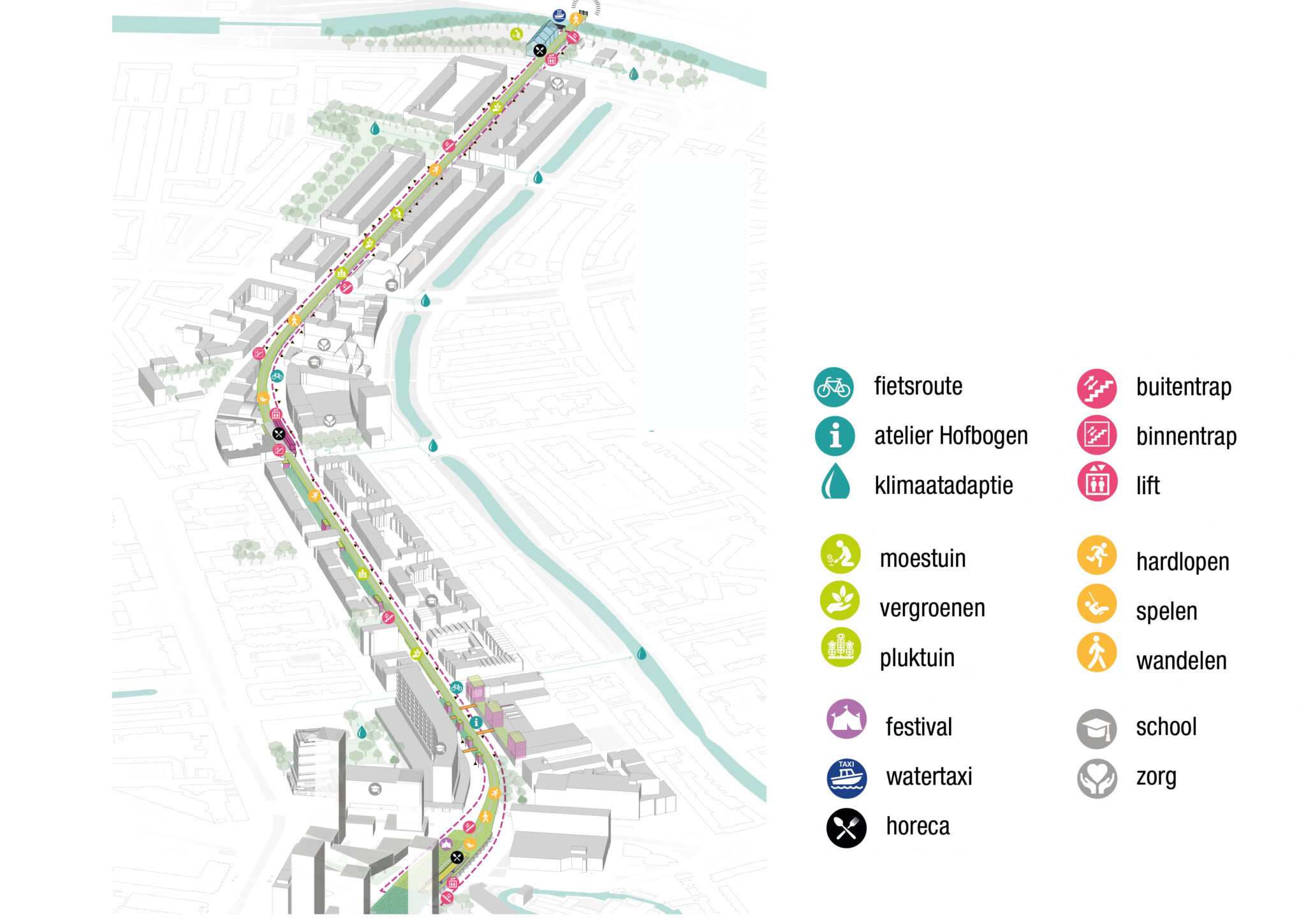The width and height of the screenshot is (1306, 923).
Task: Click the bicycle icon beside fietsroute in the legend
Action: point(833,387)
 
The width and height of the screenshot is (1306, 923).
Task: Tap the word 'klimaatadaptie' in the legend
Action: point(943,486)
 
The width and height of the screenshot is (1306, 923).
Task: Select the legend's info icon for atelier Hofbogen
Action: point(835,436)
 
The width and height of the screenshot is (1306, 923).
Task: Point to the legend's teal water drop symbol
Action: point(835,482)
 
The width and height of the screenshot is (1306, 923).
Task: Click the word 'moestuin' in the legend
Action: point(922,558)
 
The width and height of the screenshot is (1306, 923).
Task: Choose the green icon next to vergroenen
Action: point(840,601)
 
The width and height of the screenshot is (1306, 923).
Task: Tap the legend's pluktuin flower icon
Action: point(840,648)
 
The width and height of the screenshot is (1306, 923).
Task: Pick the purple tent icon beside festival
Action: point(846,720)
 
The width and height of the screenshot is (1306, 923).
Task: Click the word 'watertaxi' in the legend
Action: point(928,776)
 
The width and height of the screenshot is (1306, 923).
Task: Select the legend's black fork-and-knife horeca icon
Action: point(846,828)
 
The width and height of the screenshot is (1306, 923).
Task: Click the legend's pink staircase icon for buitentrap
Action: point(1097,388)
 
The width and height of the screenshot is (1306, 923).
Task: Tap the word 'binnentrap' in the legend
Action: point(1186,437)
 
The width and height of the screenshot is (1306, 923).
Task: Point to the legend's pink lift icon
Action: point(1097,482)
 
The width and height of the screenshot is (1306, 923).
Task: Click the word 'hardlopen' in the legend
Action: point(1182,562)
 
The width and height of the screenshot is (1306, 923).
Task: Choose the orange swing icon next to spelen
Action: point(1097,604)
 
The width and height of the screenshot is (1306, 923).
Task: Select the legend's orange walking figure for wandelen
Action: point(1097,653)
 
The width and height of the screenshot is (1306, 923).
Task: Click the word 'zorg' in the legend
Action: point(1156,777)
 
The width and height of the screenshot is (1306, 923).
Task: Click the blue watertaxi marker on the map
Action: point(559,15)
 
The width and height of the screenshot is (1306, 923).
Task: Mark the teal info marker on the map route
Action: point(476,723)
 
